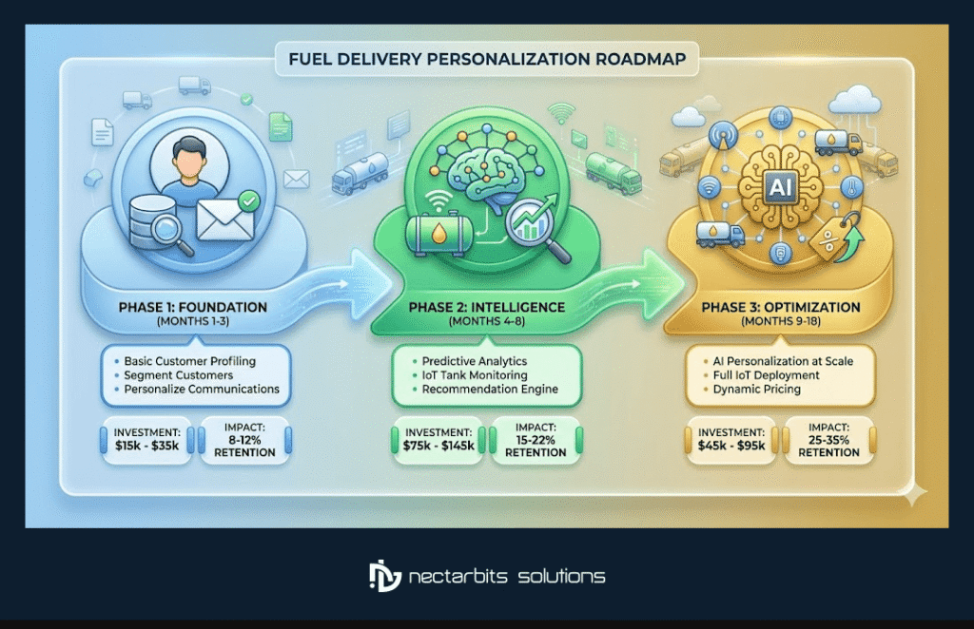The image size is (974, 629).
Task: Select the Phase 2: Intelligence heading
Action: click(486, 308)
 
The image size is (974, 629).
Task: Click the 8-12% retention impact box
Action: click(244, 440)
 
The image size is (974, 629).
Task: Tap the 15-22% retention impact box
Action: click(536, 440)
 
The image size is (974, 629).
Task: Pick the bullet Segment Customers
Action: click(178, 375)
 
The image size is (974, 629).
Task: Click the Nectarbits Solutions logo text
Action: click(505, 576)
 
